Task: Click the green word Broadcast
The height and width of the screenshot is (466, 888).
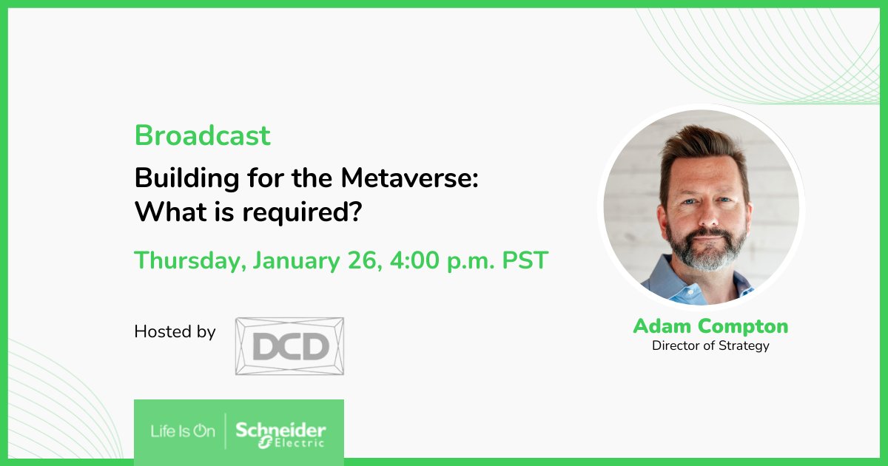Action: pos(202,135)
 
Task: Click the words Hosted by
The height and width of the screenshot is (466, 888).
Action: pos(175,331)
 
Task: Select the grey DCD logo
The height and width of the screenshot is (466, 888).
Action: pos(289,345)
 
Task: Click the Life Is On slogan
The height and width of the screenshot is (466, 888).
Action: pos(183,431)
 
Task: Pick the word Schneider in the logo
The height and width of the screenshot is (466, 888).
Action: pos(280,429)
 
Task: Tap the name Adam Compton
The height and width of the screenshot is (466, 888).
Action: pos(710,326)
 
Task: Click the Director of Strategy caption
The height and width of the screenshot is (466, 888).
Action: pos(710,345)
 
